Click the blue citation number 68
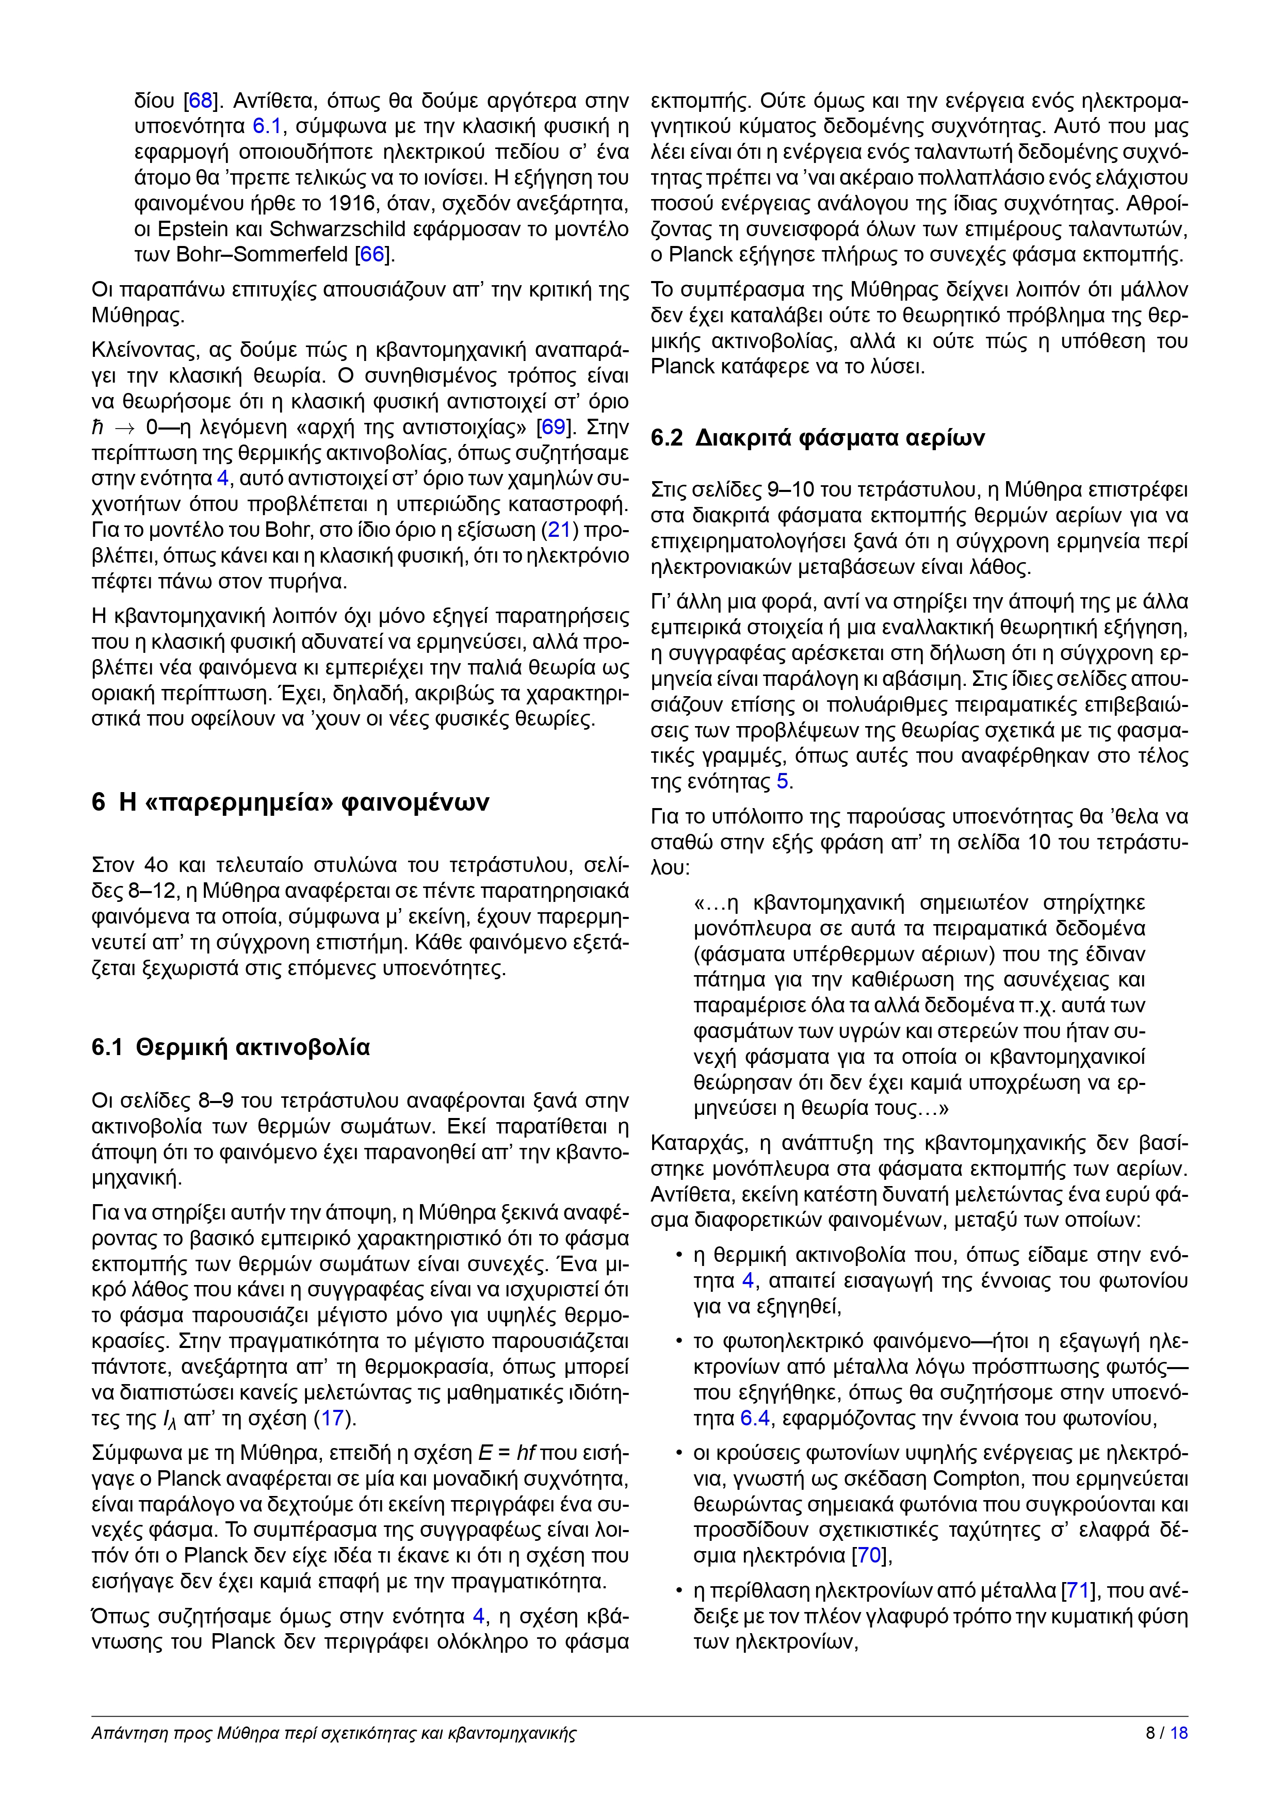coord(200,101)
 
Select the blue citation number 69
coord(553,427)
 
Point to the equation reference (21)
coord(559,530)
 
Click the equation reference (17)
coord(332,1418)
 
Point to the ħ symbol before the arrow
coord(98,427)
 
